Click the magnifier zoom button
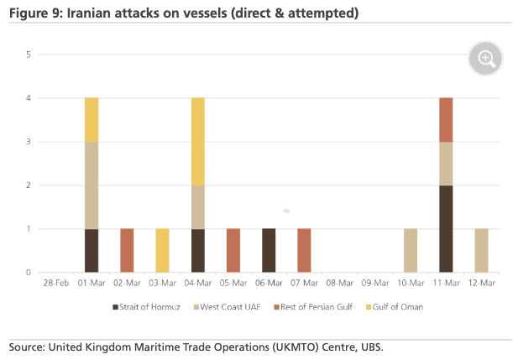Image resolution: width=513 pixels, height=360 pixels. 486,59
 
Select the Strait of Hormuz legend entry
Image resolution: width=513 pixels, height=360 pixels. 149,306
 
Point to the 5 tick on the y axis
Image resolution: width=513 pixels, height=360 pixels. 29,55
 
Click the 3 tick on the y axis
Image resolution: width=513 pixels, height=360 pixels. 29,142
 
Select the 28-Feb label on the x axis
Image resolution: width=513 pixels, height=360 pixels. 56,284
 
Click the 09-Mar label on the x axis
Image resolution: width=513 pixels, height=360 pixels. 374,284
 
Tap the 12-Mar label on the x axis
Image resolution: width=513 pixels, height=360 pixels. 481,284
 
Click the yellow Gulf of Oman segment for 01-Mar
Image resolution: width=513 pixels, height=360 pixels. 92,120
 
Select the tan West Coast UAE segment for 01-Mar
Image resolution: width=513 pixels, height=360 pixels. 92,185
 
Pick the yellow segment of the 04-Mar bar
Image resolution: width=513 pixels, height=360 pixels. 198,142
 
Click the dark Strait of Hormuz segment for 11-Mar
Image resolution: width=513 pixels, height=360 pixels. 446,229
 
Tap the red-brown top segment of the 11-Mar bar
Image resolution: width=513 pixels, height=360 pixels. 446,120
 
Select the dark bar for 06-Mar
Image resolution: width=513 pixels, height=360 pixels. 269,250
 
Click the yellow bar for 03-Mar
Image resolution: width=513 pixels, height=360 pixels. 162,250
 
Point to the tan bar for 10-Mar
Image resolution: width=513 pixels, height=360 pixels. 411,250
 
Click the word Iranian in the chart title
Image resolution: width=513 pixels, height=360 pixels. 88,13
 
